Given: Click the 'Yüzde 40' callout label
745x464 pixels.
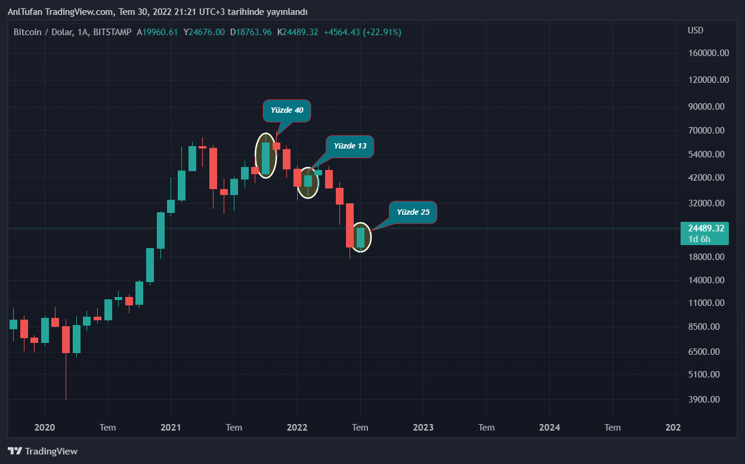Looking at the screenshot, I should click(x=287, y=110).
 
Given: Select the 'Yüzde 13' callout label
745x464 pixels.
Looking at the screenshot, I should click(x=350, y=146).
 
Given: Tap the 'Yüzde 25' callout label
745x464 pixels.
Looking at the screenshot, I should click(x=413, y=212).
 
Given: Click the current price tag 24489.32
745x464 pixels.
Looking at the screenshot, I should click(x=706, y=228).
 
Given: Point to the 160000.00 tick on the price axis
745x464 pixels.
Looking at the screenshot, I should click(x=708, y=53).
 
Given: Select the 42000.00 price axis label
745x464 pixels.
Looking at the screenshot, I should click(x=706, y=178).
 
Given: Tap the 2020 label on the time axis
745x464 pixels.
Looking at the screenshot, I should click(x=45, y=427).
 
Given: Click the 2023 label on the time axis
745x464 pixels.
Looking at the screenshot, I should click(x=423, y=427).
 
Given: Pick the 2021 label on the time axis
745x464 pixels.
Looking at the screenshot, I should click(x=171, y=427).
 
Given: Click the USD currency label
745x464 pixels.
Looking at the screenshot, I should click(x=695, y=30).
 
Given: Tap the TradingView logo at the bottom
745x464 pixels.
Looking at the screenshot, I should click(x=42, y=451).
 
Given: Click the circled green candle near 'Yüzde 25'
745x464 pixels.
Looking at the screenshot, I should click(x=360, y=237).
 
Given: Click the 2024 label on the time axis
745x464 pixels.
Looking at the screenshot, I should click(x=549, y=427).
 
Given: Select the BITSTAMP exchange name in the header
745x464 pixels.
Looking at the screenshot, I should click(x=113, y=32).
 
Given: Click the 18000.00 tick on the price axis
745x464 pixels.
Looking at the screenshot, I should click(x=706, y=257).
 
